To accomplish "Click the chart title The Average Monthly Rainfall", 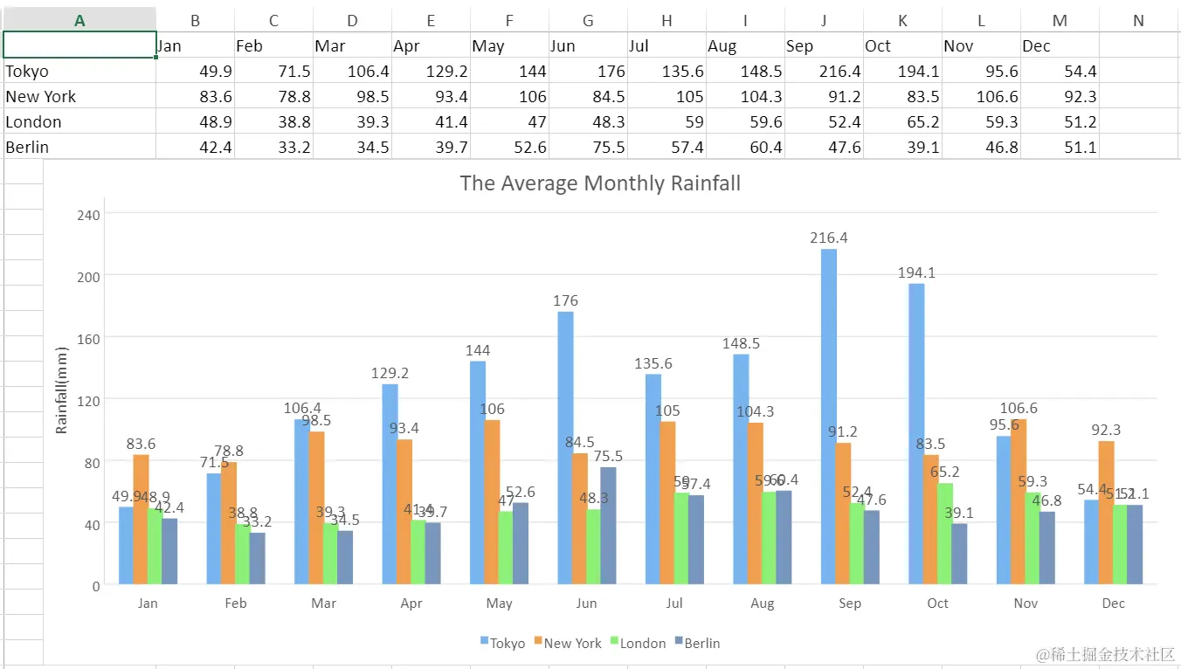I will pos(600,183).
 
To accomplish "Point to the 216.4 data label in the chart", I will pos(829,238).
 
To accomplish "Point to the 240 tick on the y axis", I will pos(90,214).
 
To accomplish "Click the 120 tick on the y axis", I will pos(90,400).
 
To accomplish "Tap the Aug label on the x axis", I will pos(762,603).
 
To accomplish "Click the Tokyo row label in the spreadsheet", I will pos(27,72).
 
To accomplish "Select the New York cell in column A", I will pos(41,97).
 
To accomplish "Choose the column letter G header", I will pos(588,21).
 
